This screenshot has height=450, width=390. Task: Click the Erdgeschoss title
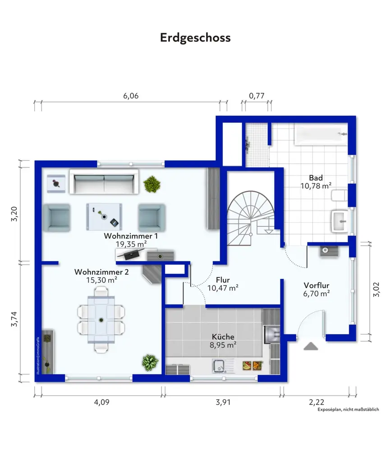point(195,38)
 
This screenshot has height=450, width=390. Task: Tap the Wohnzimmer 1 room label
point(131,236)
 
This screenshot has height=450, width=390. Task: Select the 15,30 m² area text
point(101,280)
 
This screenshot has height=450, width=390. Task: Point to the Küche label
point(223,337)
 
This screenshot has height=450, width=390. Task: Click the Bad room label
point(316,178)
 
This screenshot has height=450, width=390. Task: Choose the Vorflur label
point(317,285)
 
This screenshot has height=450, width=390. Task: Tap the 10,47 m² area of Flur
point(223,288)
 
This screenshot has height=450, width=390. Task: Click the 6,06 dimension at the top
point(131,96)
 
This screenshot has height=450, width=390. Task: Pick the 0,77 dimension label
point(257,96)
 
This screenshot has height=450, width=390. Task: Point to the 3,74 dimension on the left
point(14,319)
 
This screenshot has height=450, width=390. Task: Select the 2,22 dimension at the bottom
point(317,402)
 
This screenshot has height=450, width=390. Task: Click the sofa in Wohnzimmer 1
point(104,182)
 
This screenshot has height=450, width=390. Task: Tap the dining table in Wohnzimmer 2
point(101,320)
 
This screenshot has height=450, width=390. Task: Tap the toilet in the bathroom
point(340,195)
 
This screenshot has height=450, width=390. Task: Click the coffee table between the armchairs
point(104,217)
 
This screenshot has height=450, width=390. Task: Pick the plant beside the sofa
point(151,184)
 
